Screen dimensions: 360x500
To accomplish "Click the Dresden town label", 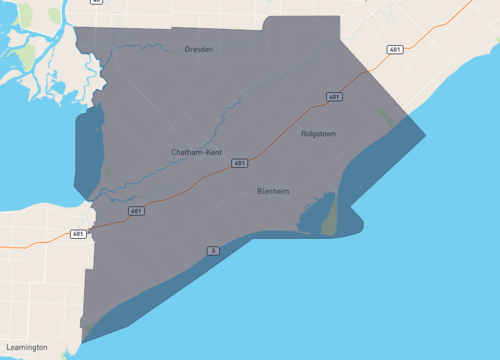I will [x=199, y=49].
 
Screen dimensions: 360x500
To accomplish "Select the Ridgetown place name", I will [x=318, y=132].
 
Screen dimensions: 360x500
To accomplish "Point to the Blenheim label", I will [x=274, y=191].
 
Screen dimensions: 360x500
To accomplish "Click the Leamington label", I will [x=24, y=347].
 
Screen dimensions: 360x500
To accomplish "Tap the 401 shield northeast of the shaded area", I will [x=396, y=49].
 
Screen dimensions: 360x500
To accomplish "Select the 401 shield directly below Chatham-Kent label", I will [x=239, y=162].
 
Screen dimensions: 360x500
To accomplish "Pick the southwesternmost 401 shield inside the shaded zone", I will [x=136, y=211].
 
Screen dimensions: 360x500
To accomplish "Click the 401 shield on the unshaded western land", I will [x=78, y=234].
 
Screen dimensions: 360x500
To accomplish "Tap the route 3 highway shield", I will [x=212, y=250].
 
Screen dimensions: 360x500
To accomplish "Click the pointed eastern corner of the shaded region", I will [x=424, y=134].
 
